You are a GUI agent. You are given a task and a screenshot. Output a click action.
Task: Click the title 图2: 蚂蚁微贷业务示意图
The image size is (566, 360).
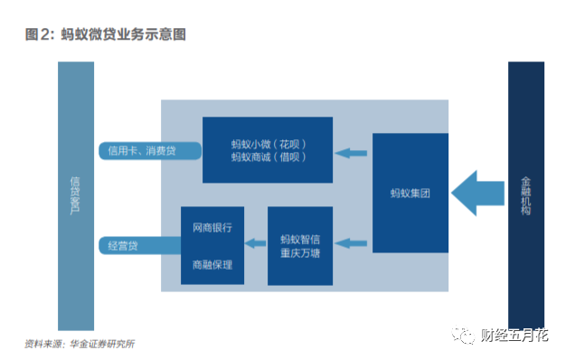point(106,34)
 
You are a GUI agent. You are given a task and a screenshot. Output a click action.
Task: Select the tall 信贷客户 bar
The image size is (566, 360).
point(76,195)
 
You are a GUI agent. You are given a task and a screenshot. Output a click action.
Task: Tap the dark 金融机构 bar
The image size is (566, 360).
point(526,195)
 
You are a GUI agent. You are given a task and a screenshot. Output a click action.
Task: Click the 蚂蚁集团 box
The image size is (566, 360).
point(410,193)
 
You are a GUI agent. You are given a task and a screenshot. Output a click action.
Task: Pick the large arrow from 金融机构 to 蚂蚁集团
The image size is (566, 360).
point(477,194)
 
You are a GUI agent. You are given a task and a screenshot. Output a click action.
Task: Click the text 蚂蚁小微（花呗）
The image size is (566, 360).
point(269,145)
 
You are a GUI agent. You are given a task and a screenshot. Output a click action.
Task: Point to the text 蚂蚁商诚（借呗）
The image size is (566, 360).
point(269,157)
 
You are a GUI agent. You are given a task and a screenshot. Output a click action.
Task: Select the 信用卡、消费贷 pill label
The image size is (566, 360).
point(150,151)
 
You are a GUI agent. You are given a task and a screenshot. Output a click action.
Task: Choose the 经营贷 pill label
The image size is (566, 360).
point(140,246)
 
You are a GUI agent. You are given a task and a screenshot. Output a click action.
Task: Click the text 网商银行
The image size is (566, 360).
point(212,227)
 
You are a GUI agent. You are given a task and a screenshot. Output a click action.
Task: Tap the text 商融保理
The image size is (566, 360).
point(212,265)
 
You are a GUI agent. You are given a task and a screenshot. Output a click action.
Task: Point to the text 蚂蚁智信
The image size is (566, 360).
point(300,240)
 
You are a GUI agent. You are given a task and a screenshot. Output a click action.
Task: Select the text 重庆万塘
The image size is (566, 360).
point(300,253)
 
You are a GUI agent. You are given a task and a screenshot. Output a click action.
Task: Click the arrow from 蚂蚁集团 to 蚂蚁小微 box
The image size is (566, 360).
point(351,153)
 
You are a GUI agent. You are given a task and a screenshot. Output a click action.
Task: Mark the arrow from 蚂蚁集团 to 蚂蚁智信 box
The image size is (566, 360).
point(351,243)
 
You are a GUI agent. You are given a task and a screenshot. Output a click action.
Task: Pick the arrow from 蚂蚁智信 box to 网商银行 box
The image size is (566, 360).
point(256,243)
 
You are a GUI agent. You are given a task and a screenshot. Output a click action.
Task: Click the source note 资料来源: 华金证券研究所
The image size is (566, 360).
point(80,344)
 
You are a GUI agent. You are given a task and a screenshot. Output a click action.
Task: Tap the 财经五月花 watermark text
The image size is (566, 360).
point(514,336)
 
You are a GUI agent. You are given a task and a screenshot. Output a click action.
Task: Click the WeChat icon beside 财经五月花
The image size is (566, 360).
point(463,335)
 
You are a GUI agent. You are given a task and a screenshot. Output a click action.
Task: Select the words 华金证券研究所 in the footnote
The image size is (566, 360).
point(102,344)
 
